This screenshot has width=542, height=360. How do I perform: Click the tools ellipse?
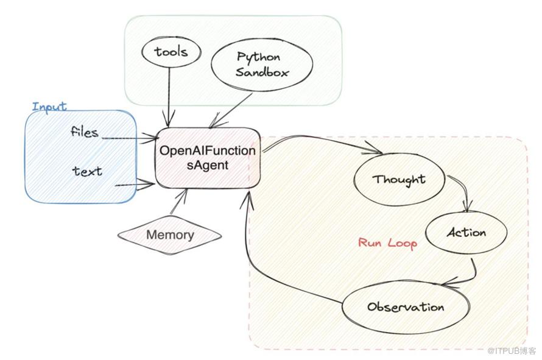pyautogui.click(x=171, y=52)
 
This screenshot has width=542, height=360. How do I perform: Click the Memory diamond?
pyautogui.click(x=170, y=235)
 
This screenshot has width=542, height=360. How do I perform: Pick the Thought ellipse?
pyautogui.click(x=399, y=180)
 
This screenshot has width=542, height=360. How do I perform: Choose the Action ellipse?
pyautogui.click(x=466, y=233)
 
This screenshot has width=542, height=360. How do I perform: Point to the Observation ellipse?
pyautogui.click(x=405, y=306)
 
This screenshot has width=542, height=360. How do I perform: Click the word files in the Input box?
pyautogui.click(x=84, y=132)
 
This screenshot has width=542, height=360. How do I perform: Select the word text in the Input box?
pyautogui.click(x=87, y=171)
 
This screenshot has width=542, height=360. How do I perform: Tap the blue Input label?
pyautogui.click(x=49, y=107)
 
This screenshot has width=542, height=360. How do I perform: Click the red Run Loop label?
pyautogui.click(x=387, y=243)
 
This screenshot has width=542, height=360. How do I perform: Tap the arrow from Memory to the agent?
pyautogui.click(x=180, y=201)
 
